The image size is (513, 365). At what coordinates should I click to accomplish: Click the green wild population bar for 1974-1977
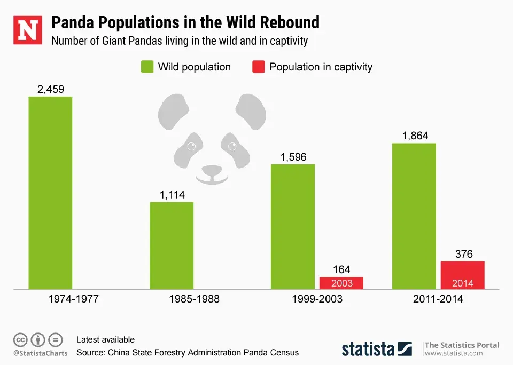point(50,193)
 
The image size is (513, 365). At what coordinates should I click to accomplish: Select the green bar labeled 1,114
point(172,245)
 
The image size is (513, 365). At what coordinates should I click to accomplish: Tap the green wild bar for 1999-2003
point(293,227)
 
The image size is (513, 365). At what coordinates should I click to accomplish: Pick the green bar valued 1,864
point(414,216)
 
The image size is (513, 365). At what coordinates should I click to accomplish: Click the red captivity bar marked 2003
point(341,283)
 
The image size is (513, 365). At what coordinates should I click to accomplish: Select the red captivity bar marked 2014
point(463,275)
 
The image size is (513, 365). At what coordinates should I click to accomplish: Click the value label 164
point(341,270)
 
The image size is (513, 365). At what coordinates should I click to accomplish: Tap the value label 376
point(463,255)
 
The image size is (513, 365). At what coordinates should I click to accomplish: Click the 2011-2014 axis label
point(438,299)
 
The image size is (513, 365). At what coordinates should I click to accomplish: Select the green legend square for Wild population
point(147,67)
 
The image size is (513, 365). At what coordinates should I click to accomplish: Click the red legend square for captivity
point(258,67)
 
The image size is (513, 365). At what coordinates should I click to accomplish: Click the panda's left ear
point(174,110)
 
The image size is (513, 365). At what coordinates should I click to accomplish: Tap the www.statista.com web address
point(454,353)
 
